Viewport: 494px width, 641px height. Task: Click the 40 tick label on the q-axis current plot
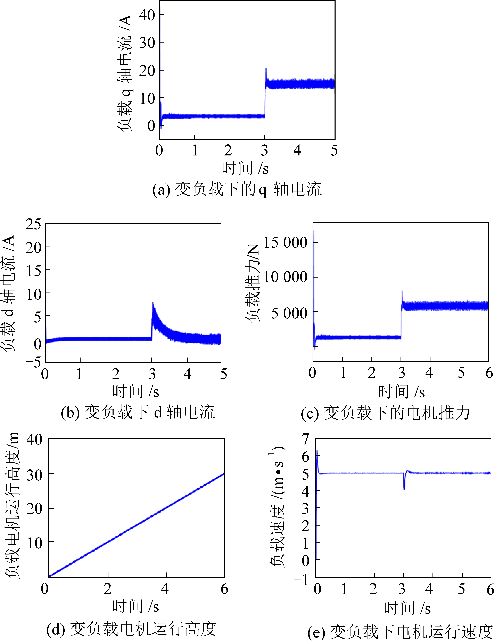[x=147, y=15]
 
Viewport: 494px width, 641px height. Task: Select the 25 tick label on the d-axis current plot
[x=33, y=225]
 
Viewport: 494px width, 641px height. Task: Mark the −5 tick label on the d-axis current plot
[x=33, y=362]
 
